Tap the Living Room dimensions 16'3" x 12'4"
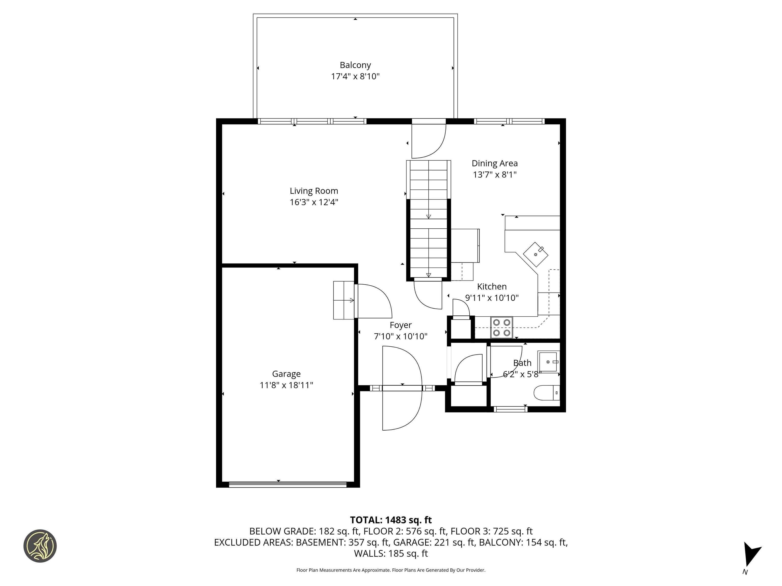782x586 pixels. tap(314, 202)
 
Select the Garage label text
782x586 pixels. tap(286, 374)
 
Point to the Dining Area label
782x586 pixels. tap(494, 163)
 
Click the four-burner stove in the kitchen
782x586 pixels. tap(501, 327)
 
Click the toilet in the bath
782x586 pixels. tap(547, 393)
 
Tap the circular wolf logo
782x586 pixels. tap(40, 546)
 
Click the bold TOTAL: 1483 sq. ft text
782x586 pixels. tap(391, 520)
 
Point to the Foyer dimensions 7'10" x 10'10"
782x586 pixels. tap(400, 336)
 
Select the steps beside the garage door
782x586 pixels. tap(344, 300)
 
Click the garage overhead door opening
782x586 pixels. tap(287, 484)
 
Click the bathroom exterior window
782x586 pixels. tap(510, 409)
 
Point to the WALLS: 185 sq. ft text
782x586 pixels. tap(391, 553)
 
